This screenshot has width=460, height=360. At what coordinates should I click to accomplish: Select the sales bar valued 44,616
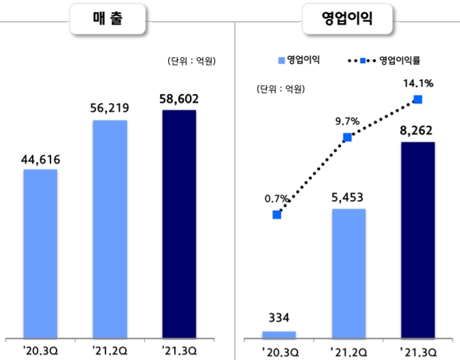40,252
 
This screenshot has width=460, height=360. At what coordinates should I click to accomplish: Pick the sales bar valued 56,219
110,228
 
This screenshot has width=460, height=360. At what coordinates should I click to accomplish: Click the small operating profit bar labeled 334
279,334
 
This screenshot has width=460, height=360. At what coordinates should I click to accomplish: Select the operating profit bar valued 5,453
348,273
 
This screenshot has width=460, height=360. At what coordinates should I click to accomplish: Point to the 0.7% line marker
277,214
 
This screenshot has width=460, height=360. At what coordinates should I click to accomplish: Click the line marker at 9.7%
347,137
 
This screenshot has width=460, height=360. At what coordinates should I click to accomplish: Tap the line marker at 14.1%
418,99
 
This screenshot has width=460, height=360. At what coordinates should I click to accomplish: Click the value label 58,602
179,99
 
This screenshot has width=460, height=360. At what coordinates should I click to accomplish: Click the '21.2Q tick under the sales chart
110,351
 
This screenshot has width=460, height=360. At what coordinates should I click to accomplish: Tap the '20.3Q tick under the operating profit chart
279,351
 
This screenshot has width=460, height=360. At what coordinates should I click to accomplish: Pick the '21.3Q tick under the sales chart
179,351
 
